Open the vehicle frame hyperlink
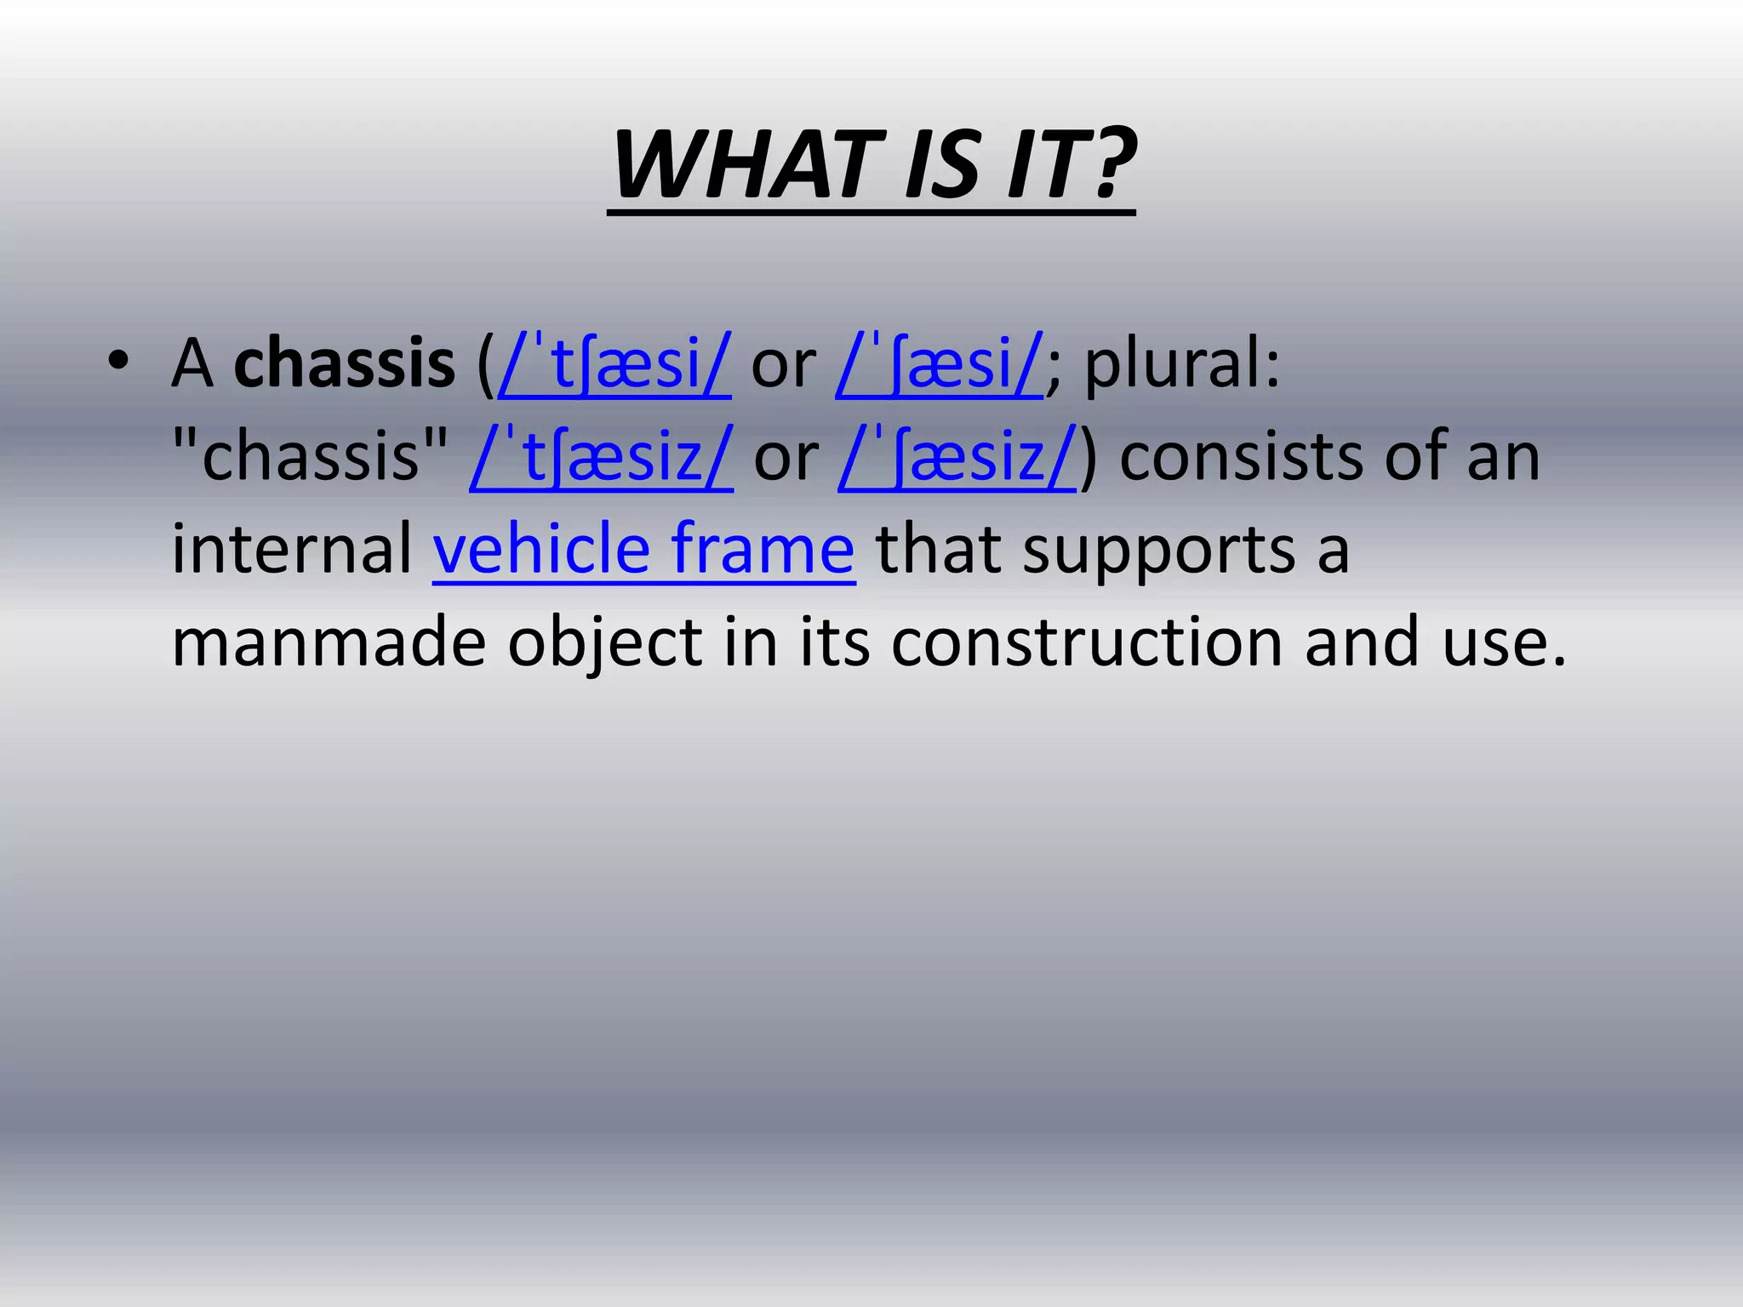(643, 549)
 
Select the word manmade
(329, 642)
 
